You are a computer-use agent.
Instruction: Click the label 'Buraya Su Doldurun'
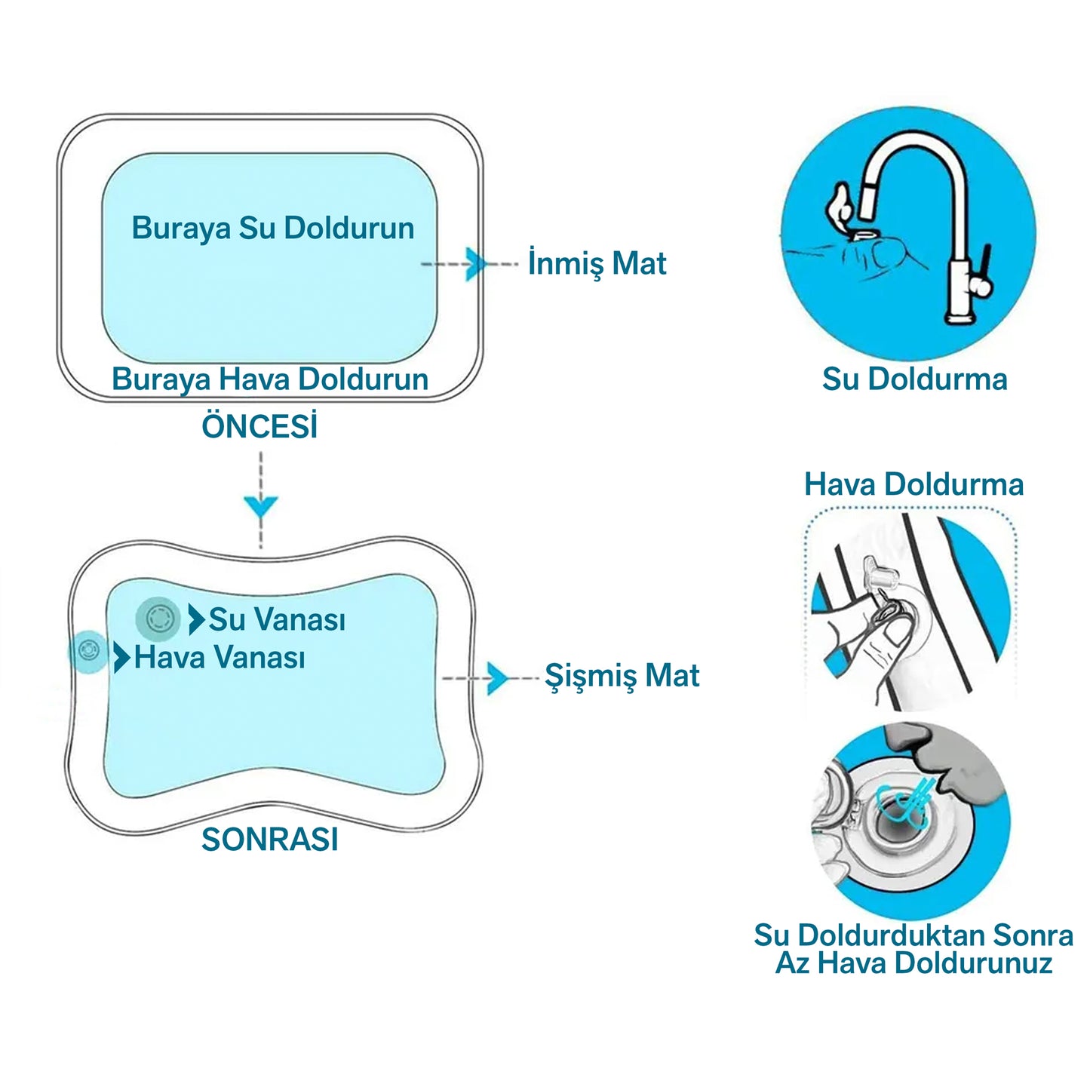click(x=272, y=229)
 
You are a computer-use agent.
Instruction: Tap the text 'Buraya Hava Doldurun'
click(x=270, y=379)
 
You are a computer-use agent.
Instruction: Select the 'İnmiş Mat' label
click(x=597, y=263)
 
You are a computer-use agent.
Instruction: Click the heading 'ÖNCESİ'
click(x=259, y=425)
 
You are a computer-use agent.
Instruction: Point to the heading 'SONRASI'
click(x=270, y=840)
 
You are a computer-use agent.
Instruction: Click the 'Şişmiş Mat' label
click(x=622, y=676)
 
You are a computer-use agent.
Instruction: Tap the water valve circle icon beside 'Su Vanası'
click(x=158, y=619)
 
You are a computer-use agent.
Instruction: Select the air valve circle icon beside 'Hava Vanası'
click(x=88, y=651)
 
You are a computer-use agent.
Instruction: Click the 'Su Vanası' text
click(x=277, y=619)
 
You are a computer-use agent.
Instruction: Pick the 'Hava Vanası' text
click(x=220, y=658)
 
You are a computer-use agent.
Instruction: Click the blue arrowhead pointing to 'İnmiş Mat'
click(x=476, y=264)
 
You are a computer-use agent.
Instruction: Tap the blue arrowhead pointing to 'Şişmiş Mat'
click(x=498, y=678)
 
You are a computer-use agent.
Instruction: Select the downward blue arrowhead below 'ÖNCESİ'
click(x=261, y=505)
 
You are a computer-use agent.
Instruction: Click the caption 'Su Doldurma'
click(x=915, y=379)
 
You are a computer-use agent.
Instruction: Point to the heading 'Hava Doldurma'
click(x=914, y=485)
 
